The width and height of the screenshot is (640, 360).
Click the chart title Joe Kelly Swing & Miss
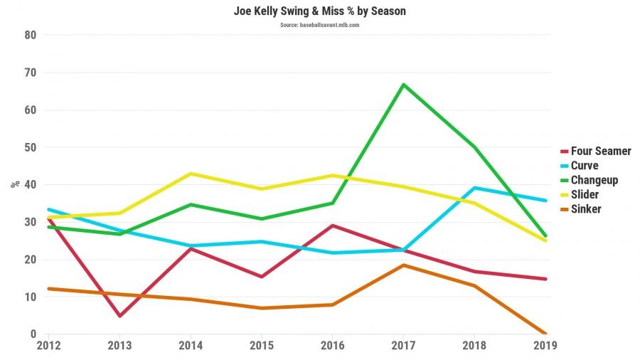(319, 11)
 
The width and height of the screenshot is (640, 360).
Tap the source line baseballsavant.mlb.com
(319, 24)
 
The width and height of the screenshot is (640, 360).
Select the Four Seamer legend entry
(601, 151)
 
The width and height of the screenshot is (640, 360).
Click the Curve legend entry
(585, 165)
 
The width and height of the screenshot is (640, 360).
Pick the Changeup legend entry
(594, 180)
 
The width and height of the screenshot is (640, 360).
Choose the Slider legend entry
(585, 194)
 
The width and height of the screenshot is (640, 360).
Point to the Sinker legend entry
(586, 209)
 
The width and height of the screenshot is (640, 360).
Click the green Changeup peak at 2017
(403, 85)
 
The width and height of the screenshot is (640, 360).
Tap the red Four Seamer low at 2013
(119, 316)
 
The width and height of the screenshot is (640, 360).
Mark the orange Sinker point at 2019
(545, 334)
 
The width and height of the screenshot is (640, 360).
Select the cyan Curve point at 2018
(474, 188)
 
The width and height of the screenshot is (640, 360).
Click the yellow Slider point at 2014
(190, 174)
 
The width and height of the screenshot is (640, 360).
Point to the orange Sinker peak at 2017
(403, 265)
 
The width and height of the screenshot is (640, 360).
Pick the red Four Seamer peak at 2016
(332, 226)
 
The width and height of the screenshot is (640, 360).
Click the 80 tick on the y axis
(29, 35)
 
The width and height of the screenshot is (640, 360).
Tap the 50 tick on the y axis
(29, 147)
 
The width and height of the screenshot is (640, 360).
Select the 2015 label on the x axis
(261, 346)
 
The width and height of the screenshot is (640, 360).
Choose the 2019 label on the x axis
(545, 346)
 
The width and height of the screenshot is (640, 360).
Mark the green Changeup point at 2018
(474, 147)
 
